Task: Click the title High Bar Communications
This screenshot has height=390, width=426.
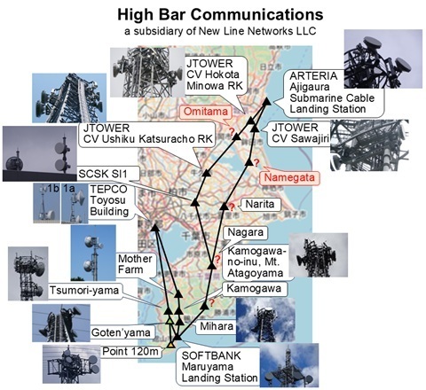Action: (220, 14)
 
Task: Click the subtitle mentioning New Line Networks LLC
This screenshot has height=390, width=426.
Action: (220, 31)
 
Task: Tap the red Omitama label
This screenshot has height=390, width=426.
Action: (206, 112)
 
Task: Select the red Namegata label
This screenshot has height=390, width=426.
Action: (289, 177)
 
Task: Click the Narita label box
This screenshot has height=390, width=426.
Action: (259, 204)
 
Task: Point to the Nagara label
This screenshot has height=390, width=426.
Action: (245, 232)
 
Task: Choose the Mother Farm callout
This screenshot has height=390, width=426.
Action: (135, 264)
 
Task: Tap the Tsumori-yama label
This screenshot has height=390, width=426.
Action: (84, 291)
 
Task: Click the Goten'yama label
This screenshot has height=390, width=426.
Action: (121, 332)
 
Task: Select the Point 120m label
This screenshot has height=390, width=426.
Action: (130, 352)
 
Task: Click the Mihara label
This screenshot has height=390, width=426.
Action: (217, 326)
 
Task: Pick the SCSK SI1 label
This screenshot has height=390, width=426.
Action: (103, 174)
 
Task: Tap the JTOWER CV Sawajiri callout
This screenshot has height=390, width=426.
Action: (300, 133)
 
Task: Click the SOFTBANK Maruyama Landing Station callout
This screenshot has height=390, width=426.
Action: (219, 367)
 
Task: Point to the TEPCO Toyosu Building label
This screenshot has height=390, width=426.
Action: (109, 200)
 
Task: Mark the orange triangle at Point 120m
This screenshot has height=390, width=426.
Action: (170, 345)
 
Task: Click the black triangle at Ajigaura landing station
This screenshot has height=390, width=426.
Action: (267, 101)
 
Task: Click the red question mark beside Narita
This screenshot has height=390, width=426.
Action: (232, 207)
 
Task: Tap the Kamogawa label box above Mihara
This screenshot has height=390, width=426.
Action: (254, 289)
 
